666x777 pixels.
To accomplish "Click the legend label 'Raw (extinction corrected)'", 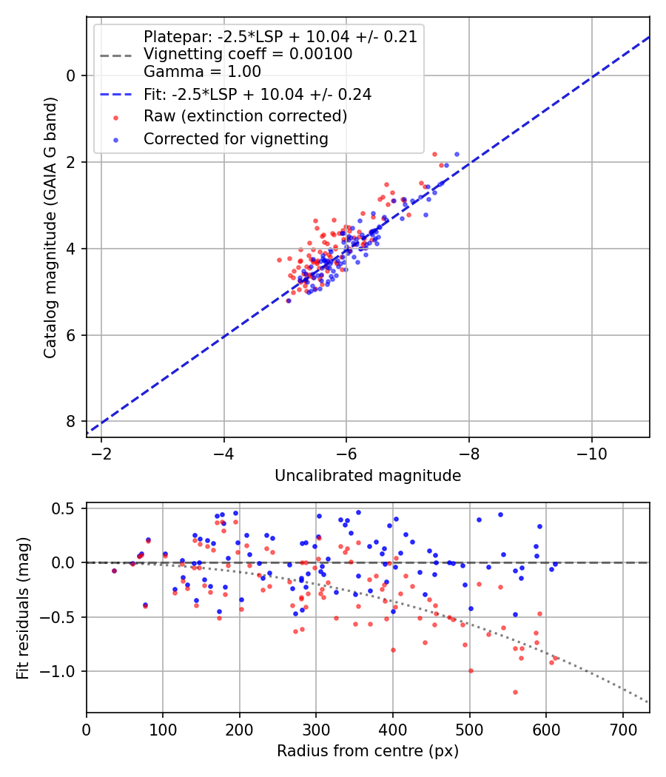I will pyautogui.click(x=245, y=116).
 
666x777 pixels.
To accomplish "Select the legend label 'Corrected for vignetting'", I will pyautogui.click(x=235, y=139).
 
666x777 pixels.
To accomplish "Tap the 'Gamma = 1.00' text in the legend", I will pyautogui.click(x=202, y=72).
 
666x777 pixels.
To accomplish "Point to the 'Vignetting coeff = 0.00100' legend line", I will pyautogui.click(x=248, y=54).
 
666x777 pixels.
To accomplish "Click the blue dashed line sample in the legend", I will pyautogui.click(x=115, y=95).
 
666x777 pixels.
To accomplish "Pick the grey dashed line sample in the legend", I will pyautogui.click(x=115, y=55).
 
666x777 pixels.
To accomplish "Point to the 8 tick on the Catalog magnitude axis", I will pyautogui.click(x=71, y=421).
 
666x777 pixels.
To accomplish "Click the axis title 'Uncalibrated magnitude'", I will pyautogui.click(x=368, y=476).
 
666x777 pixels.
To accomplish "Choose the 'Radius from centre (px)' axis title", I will pyautogui.click(x=368, y=751).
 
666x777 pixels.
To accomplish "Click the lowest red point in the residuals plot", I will pyautogui.click(x=515, y=692).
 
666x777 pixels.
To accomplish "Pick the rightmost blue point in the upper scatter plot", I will pyautogui.click(x=457, y=154).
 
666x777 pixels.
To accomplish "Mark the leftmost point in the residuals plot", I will pyautogui.click(x=114, y=571).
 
